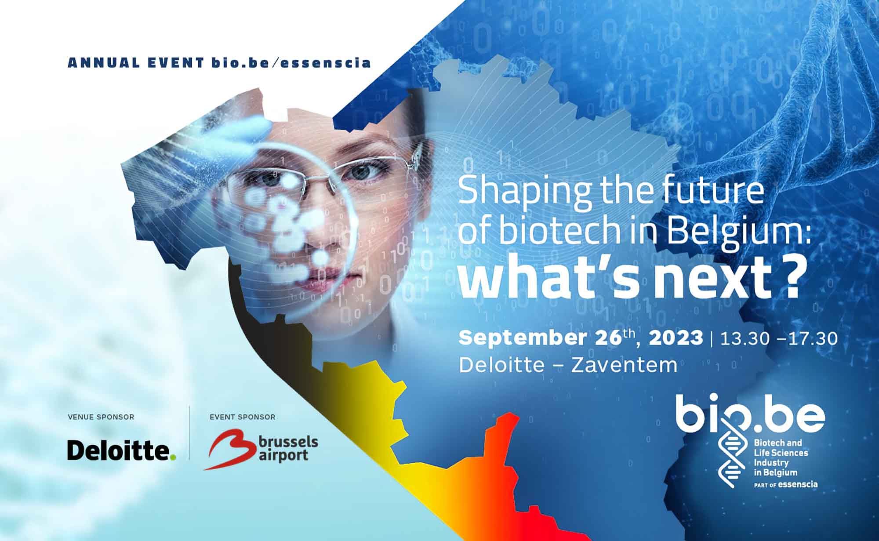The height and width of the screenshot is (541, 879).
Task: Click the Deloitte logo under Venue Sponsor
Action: click(121, 450)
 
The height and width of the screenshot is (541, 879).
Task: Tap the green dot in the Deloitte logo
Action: click(173, 457)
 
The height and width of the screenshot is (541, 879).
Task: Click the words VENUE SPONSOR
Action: click(101, 417)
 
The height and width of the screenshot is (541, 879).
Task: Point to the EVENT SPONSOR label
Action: click(243, 417)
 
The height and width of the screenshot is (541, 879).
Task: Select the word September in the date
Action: click(523, 339)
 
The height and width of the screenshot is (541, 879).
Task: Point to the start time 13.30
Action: click(745, 338)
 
